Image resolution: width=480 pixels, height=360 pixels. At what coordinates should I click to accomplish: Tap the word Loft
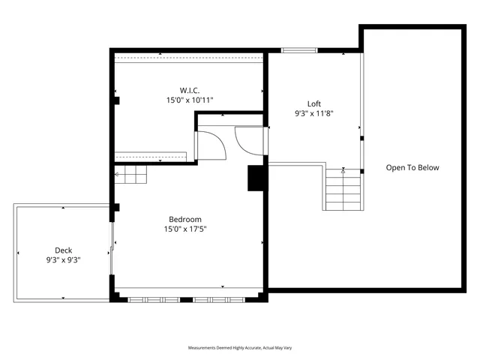(x=314, y=104)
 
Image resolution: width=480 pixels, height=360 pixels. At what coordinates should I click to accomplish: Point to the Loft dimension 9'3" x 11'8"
(x=314, y=114)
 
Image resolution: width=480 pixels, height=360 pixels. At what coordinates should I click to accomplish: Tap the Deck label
(x=63, y=250)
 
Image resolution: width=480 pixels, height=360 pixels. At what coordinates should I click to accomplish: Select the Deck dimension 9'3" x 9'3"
(x=63, y=260)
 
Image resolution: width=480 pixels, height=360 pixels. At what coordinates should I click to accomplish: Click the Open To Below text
(x=412, y=167)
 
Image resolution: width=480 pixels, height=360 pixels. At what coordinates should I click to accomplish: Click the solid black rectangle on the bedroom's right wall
(x=256, y=178)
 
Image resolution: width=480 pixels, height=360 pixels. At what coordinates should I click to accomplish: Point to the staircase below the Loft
(x=344, y=190)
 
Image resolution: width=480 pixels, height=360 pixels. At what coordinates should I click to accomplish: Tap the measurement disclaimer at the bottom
(x=239, y=348)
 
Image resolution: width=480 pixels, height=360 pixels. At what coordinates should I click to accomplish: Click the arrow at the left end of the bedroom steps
(x=117, y=175)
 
